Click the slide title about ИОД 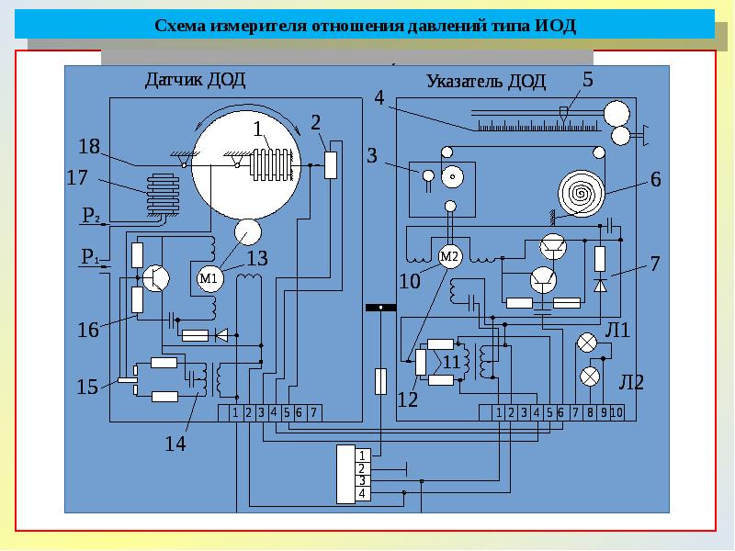click(x=366, y=25)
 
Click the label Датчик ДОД click(x=196, y=78)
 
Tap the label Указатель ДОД click(x=486, y=82)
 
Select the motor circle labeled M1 click(x=209, y=278)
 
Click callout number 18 click(x=88, y=146)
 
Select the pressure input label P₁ click(x=90, y=259)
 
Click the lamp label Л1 click(x=616, y=330)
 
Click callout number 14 click(x=175, y=444)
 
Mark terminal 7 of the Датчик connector click(x=314, y=413)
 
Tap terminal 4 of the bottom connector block click(x=362, y=494)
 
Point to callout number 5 click(x=587, y=80)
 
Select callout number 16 click(x=87, y=330)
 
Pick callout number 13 click(x=257, y=259)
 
